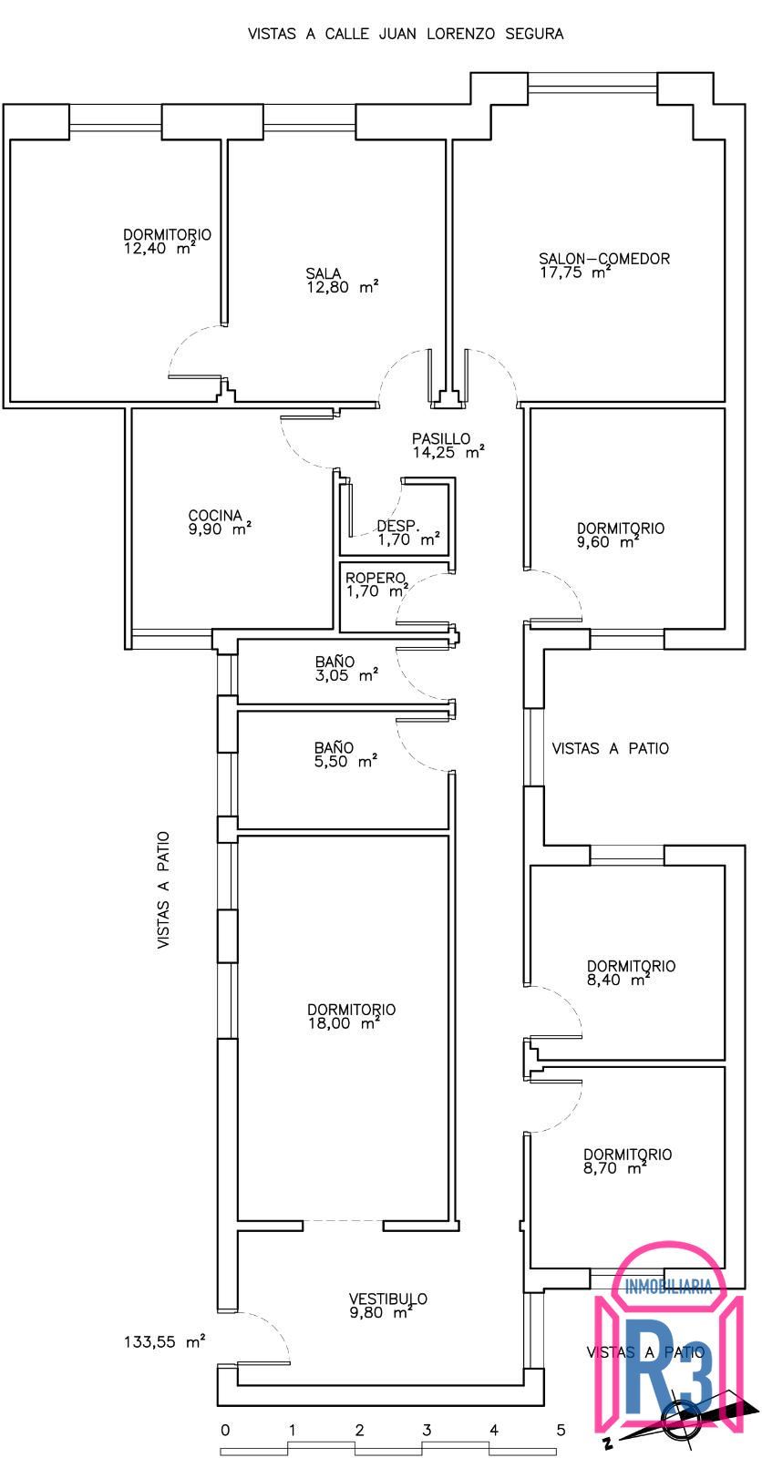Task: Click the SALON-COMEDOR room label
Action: coord(604,259)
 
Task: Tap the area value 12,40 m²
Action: coord(160,248)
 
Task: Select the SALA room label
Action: coord(324,273)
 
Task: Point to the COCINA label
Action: coord(215,516)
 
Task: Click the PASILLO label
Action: coord(441,438)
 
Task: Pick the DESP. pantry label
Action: coord(397,526)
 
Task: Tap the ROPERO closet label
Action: coord(376,578)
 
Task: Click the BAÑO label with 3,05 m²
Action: coord(335,662)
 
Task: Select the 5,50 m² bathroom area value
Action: coord(345,762)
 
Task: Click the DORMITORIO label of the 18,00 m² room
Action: coord(352,1010)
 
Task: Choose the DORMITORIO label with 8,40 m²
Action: coord(631,966)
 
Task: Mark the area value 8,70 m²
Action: coord(614,1168)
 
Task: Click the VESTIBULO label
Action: coord(388,1299)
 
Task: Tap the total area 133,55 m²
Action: coord(165,1341)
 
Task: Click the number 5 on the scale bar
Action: coord(561,1430)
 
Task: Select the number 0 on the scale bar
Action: coord(225,1430)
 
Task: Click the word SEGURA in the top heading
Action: coord(534,34)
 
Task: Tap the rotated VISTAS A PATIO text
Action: coord(163,889)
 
